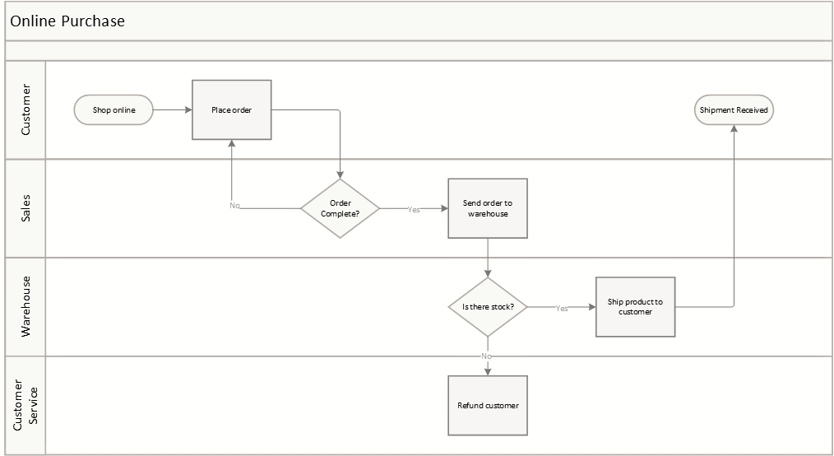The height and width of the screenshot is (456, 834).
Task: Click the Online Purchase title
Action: pos(67,21)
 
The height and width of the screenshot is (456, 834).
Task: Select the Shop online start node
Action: pos(114,110)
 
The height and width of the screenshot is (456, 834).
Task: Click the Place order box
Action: pos(232,110)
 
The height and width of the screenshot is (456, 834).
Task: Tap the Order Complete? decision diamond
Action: pos(340,208)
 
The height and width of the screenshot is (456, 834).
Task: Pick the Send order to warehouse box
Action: pos(487,208)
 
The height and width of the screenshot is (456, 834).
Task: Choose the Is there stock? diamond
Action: pos(488,307)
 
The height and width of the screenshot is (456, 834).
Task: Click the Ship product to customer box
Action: pos(635,307)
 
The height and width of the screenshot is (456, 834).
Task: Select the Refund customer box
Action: pos(488,406)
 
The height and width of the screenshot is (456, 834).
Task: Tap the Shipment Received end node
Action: pos(734,110)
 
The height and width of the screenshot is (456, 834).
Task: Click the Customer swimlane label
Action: pos(25,109)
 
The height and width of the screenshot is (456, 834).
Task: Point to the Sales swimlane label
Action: pos(25,208)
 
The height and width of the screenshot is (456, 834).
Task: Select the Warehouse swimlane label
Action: pos(25,306)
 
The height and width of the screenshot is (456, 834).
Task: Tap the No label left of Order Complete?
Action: pos(234,206)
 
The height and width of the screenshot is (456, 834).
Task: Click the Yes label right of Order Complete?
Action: pos(414,210)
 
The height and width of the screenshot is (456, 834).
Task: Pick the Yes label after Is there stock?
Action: pos(562,309)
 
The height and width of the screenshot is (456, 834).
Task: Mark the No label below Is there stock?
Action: pos(487,356)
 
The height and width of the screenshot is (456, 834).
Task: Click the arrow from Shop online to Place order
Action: pos(173,110)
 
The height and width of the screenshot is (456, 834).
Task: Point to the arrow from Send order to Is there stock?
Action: pos(488,258)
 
